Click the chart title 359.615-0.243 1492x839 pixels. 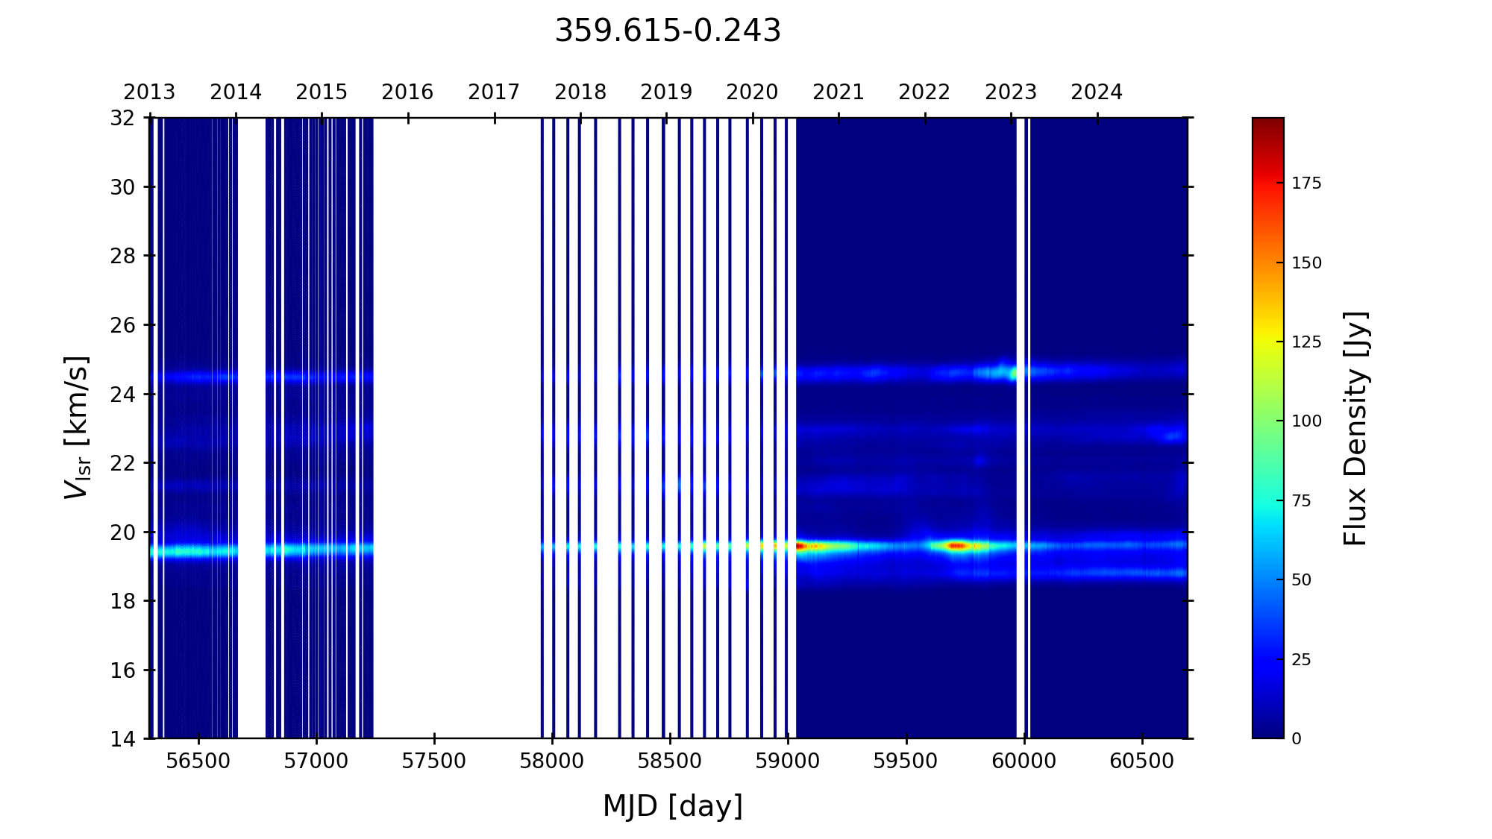coord(668,31)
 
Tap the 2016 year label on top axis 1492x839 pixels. coord(407,92)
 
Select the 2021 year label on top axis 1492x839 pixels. coord(839,92)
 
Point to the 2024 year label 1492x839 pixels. coord(1097,92)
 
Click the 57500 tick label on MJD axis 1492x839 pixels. coord(434,761)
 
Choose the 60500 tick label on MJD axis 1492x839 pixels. coord(1142,761)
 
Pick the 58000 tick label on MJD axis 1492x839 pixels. coord(552,761)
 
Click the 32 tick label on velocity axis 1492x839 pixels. coord(123,118)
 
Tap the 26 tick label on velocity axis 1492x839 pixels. coord(123,325)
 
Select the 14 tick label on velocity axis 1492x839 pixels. coord(123,739)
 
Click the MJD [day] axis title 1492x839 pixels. coord(673,806)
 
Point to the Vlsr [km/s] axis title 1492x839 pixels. coord(78,427)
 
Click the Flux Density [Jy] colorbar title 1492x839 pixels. coord(1355,428)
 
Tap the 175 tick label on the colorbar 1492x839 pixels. coord(1306,184)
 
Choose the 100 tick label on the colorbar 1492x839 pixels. coord(1306,421)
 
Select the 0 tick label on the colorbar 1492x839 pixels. coord(1297,739)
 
